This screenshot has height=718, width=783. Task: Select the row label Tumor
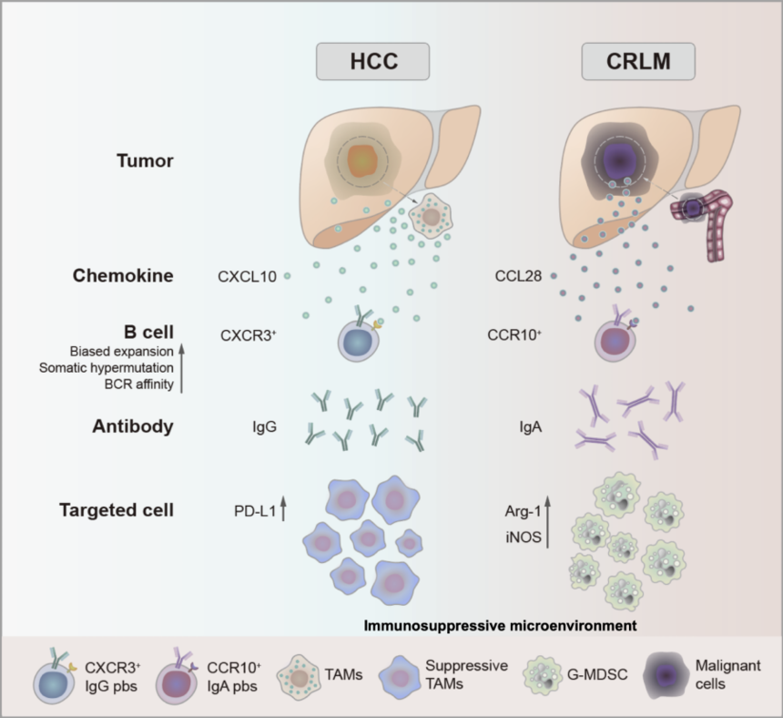pos(145,160)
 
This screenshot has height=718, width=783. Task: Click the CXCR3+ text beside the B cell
pos(249,335)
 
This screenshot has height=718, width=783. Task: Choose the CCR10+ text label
pos(515,335)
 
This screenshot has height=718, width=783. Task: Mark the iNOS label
pos(523,538)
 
